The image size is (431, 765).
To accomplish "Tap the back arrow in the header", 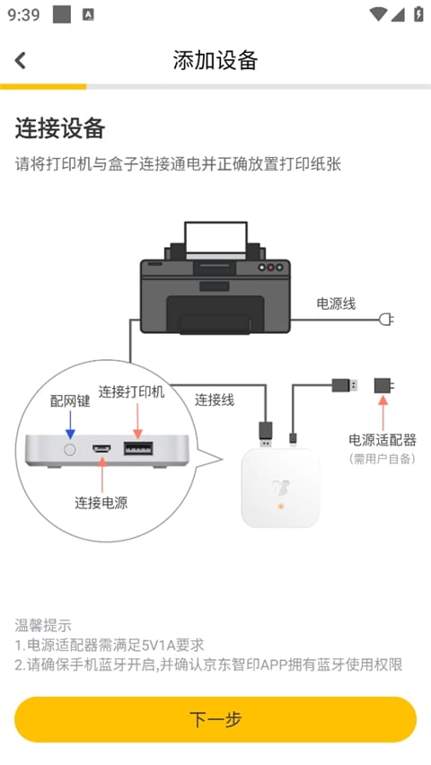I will point(21,60).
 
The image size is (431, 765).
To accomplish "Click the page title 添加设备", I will point(215,60).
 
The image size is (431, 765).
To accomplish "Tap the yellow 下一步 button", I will point(215,719).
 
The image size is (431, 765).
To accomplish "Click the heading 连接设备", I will point(60,128).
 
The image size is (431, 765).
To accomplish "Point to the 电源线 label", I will point(336,303).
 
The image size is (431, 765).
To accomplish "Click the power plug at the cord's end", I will point(387,319).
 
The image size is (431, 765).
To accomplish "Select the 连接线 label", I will point(215,400).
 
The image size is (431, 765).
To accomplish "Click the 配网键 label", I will point(70,400).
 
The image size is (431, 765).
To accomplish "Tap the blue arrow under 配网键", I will point(70,423).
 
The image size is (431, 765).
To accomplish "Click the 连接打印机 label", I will point(131,392).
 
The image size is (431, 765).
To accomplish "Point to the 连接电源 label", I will point(101,503).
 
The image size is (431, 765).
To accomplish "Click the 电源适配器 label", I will point(383,440).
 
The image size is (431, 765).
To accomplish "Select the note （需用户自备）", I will point(383,459).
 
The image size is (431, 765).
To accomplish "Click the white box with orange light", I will point(280,488).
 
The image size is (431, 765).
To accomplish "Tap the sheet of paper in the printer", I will point(215,238).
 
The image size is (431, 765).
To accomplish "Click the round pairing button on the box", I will point(69,448).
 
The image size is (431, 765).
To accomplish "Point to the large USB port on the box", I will point(137,448).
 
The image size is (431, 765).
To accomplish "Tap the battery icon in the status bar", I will point(418,14).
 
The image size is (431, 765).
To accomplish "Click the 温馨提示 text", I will point(43,625).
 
